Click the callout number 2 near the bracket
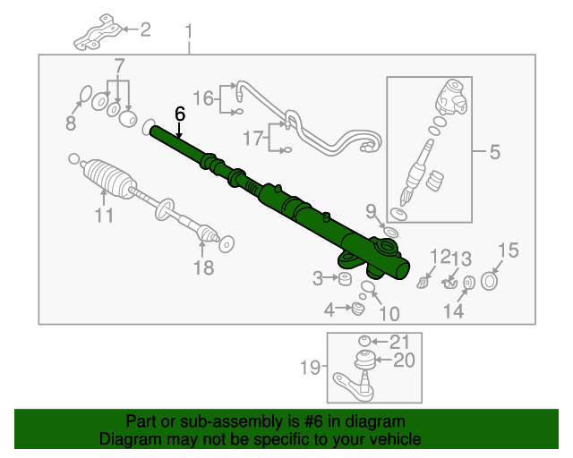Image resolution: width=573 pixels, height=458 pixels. coord(145,30)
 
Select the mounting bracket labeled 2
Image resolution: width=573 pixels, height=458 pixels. coord(98,34)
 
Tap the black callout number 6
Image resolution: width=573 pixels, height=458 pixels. coord(180,114)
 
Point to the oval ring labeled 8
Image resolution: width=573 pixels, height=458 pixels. coord(86,94)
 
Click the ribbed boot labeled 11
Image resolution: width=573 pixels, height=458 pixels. coord(109,179)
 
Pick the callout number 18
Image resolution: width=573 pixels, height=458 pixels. coord(203,267)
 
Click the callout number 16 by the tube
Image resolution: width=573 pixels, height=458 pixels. coord(203,98)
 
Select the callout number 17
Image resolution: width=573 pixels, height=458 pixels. coord(253,138)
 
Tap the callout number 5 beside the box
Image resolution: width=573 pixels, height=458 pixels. coord(495,151)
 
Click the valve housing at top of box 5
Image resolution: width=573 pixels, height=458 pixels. coord(452,98)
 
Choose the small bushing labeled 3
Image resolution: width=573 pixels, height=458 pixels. coord(345,279)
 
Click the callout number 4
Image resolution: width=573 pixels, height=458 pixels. coord(329,310)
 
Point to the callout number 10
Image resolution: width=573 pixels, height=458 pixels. coord(389,314)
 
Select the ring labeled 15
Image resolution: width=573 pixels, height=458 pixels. coord(490,281)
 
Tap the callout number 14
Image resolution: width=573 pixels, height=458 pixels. coord(454,311)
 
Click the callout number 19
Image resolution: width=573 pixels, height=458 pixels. coord(311,368)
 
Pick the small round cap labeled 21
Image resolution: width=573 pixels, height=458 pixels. coord(364,341)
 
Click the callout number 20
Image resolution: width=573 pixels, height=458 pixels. coord(404,360)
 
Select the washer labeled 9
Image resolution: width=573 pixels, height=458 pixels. coord(391,233)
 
